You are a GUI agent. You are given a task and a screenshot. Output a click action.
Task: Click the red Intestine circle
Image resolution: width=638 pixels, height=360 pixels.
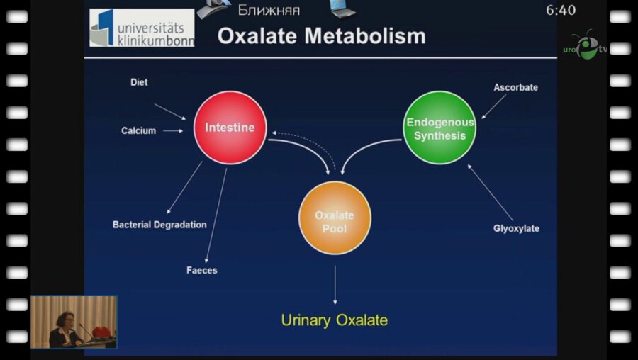click(x=230, y=128)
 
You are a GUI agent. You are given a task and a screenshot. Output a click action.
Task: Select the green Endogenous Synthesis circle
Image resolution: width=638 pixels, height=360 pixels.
click(x=440, y=128)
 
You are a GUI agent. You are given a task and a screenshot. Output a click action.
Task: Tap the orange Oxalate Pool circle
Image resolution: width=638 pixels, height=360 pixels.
click(x=335, y=218)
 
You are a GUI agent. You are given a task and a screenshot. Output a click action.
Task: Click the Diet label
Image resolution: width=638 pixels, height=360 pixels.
click(x=139, y=82)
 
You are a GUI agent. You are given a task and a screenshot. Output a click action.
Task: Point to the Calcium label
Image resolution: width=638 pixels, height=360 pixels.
click(x=138, y=130)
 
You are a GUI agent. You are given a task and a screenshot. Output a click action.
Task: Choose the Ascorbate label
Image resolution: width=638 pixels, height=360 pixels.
click(x=515, y=87)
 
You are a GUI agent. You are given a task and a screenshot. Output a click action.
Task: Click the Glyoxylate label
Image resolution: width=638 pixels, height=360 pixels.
click(x=516, y=228)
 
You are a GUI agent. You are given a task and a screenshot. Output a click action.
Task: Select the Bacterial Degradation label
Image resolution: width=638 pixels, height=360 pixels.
click(x=159, y=225)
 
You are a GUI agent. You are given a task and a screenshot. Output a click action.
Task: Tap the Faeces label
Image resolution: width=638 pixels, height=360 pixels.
click(x=202, y=270)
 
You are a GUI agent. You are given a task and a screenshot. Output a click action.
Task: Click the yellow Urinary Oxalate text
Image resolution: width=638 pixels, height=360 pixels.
click(x=335, y=320)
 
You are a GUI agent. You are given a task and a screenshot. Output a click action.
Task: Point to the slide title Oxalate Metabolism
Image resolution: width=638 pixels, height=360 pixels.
click(x=321, y=35)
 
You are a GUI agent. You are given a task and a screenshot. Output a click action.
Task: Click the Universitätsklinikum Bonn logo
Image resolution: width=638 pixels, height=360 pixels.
click(x=142, y=28)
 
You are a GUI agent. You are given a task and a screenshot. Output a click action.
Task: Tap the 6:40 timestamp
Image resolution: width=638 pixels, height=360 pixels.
click(x=561, y=11)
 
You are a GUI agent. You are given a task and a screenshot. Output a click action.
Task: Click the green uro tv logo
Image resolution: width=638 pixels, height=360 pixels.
click(x=586, y=47)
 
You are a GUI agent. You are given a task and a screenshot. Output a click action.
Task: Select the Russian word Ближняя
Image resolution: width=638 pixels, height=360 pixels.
click(x=269, y=10)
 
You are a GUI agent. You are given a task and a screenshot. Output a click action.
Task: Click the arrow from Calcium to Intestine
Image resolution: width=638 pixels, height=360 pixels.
click(x=173, y=130)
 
